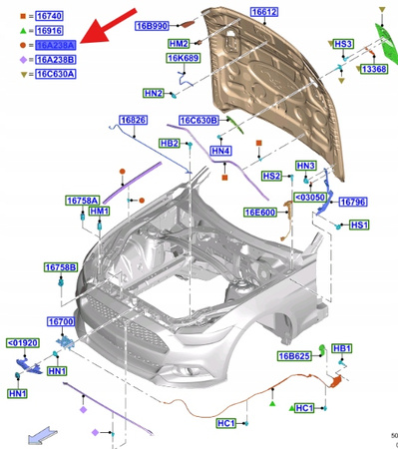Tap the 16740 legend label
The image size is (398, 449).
(49, 17)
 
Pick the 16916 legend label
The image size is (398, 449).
(49, 32)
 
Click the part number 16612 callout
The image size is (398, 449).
(264, 12)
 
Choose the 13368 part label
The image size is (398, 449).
(374, 70)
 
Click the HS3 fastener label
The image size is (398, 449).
(344, 45)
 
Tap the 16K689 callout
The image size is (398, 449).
(184, 60)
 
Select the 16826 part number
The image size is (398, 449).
(134, 121)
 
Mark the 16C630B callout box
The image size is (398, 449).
(199, 121)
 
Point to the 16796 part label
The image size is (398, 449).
(353, 202)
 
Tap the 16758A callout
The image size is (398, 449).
(84, 201)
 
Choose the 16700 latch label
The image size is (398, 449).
(63, 322)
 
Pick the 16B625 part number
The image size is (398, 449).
(294, 356)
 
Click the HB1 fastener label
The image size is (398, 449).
(342, 348)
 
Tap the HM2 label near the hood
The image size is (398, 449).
(180, 45)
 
